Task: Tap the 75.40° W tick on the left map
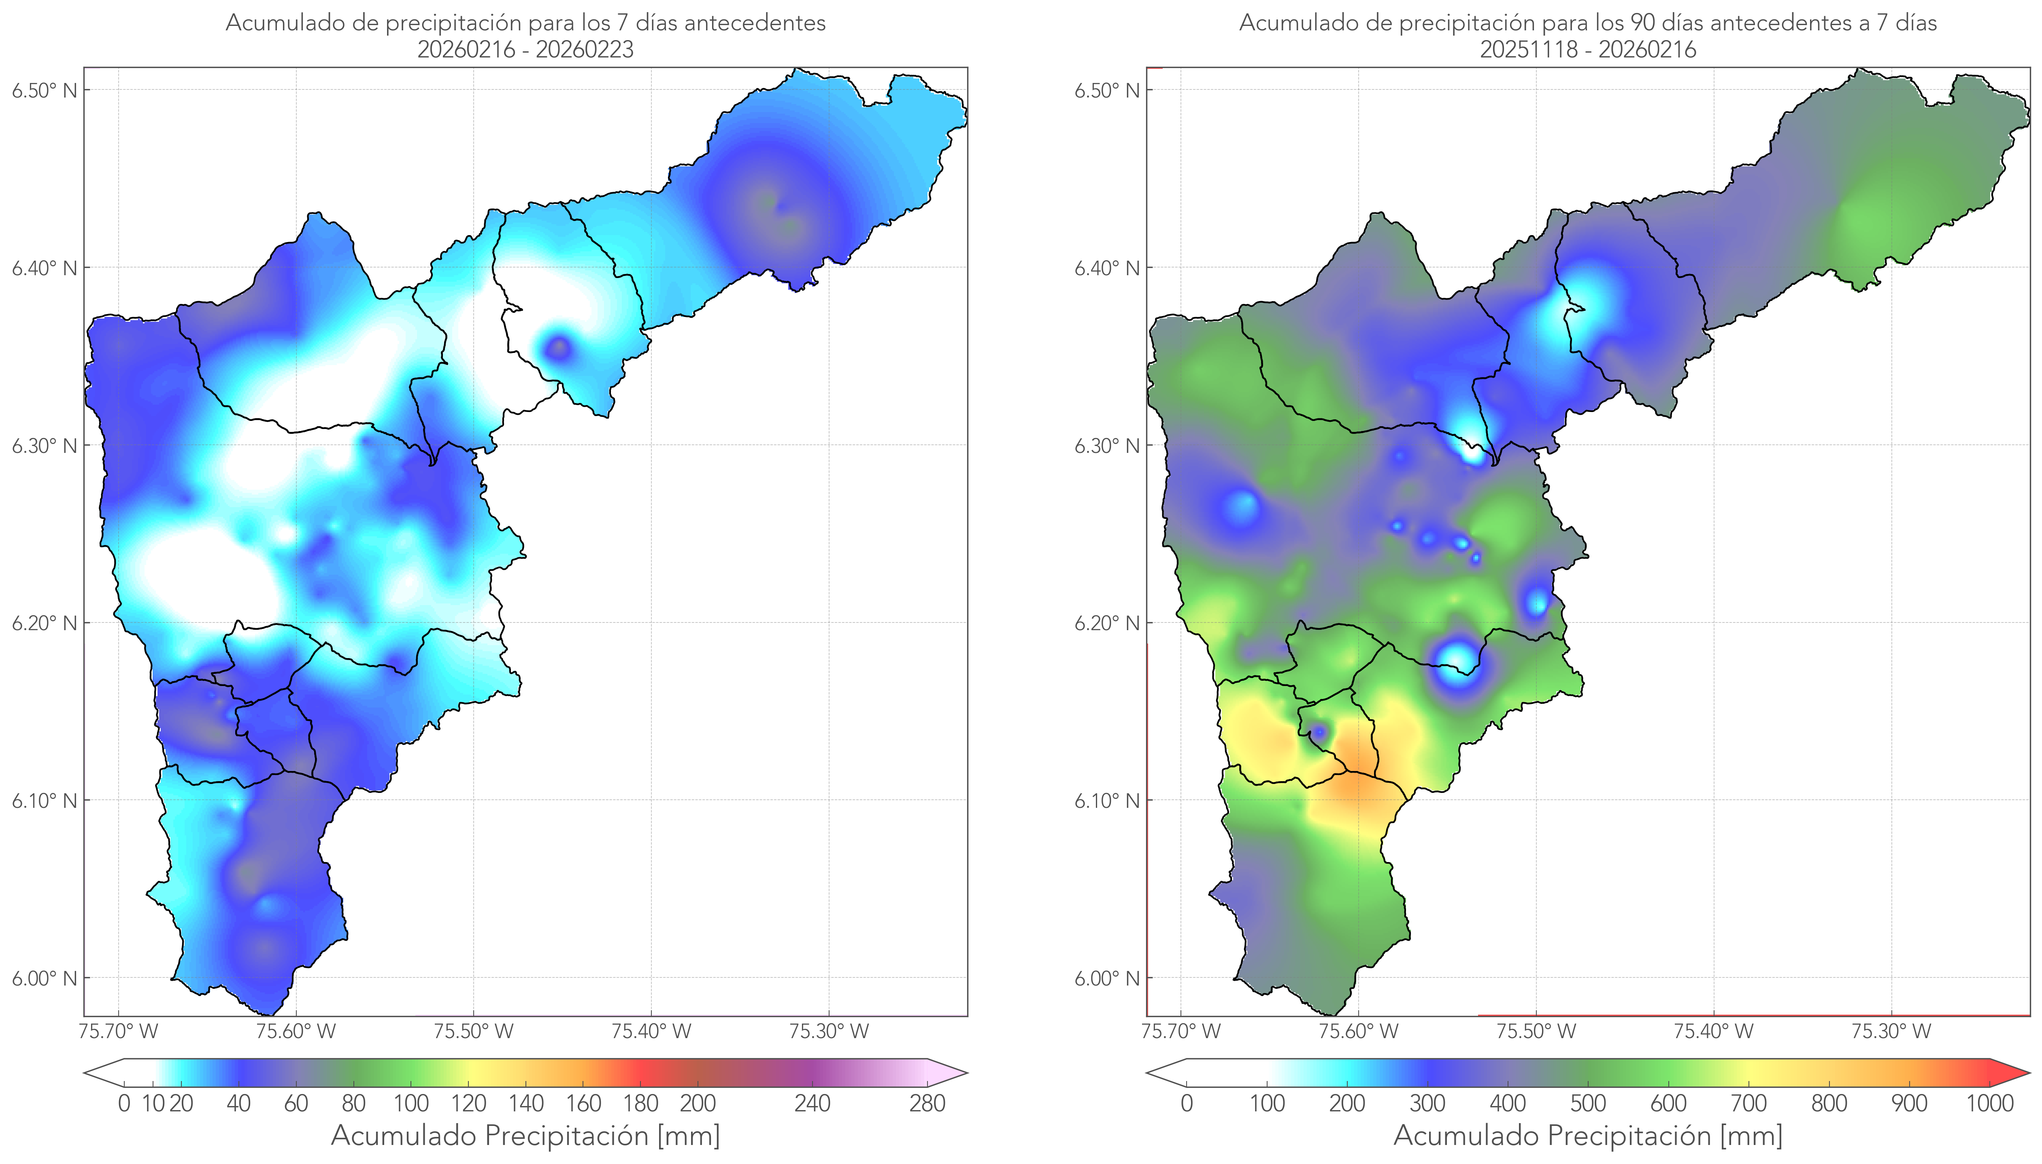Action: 651,1031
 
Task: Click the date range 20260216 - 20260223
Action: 525,49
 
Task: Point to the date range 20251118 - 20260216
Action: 1588,49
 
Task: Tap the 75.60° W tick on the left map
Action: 296,1031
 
